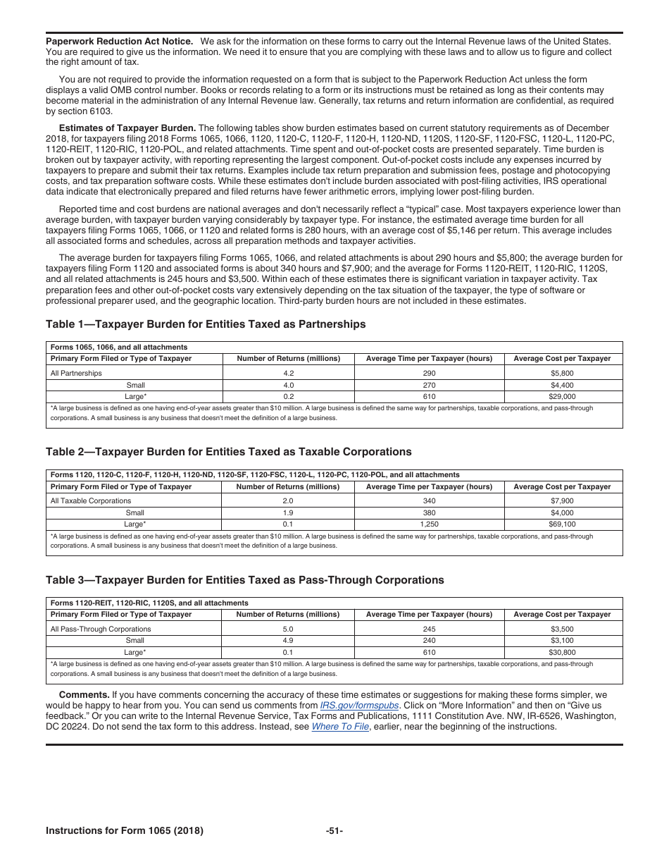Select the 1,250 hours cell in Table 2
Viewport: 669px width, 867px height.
click(x=429, y=524)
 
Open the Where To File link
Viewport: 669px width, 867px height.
click(x=340, y=727)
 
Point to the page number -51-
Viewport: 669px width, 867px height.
click(x=334, y=831)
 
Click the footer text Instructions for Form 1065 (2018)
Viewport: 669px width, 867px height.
click(x=125, y=831)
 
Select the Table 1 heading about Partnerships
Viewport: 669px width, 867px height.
click(x=206, y=324)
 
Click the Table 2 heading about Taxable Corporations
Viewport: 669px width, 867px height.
click(x=228, y=452)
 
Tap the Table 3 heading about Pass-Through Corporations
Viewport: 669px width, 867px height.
click(x=244, y=580)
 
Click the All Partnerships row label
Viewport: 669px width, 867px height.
click(x=76, y=373)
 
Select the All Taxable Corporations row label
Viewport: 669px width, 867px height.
click(x=91, y=501)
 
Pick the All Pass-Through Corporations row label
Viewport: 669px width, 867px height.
click(x=101, y=629)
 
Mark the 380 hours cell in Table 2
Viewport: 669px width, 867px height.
click(x=429, y=513)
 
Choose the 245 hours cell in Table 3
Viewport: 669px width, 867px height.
click(x=429, y=629)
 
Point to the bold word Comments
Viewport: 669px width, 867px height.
click(x=84, y=694)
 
